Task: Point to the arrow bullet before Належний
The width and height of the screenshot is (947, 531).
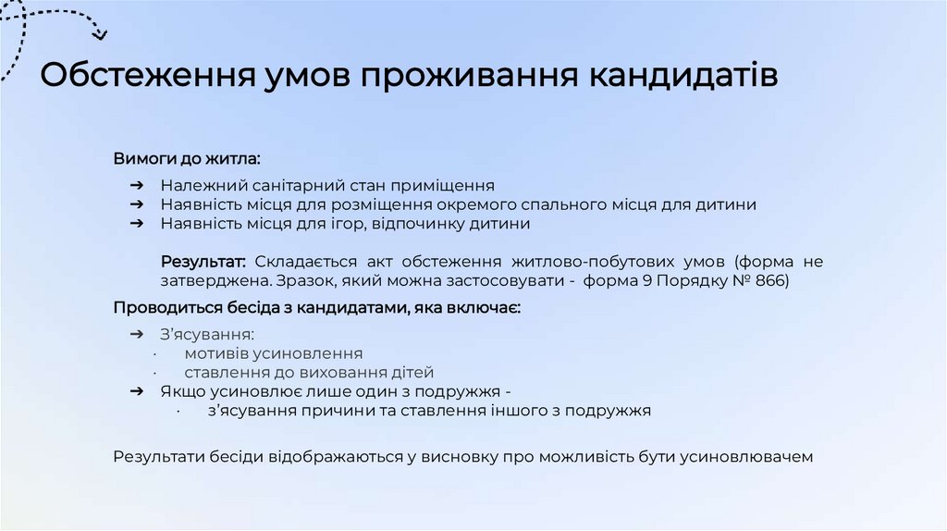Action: [136, 185]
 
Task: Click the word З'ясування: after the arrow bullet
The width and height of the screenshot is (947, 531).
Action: [207, 334]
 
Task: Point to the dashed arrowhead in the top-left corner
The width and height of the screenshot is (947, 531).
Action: [99, 35]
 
